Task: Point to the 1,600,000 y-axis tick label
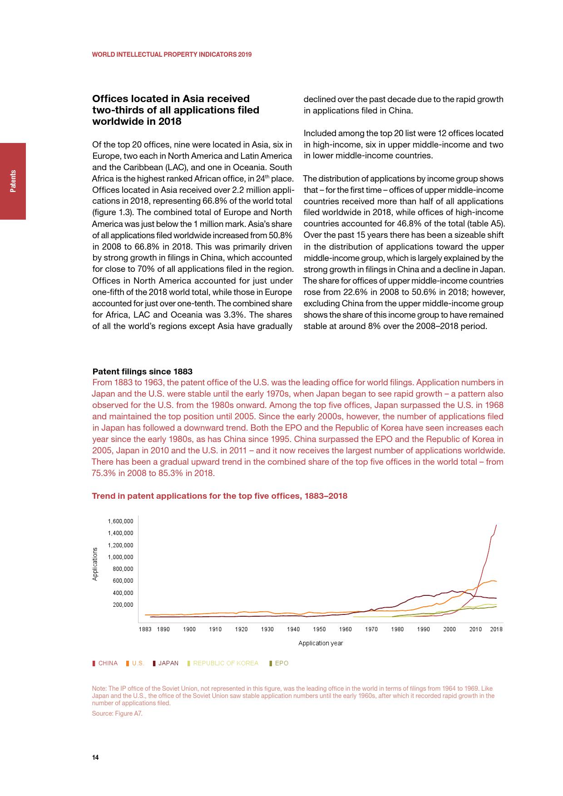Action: tap(120, 521)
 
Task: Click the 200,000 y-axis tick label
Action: tap(123, 605)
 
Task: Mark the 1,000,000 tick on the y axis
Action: tap(120, 557)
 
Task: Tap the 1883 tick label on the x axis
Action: tap(145, 629)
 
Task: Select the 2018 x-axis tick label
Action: tap(496, 629)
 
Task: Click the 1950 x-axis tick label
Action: tap(319, 629)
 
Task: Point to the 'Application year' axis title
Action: tap(321, 643)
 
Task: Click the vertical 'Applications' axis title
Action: tap(95, 564)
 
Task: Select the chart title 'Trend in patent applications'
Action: tap(219, 496)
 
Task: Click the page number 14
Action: tap(95, 757)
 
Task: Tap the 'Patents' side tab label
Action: tap(13, 181)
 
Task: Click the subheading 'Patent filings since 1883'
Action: tap(142, 372)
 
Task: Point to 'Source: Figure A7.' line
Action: tap(117, 713)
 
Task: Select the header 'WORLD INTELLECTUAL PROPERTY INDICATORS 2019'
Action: tap(172, 54)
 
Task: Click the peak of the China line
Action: tap(496, 525)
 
